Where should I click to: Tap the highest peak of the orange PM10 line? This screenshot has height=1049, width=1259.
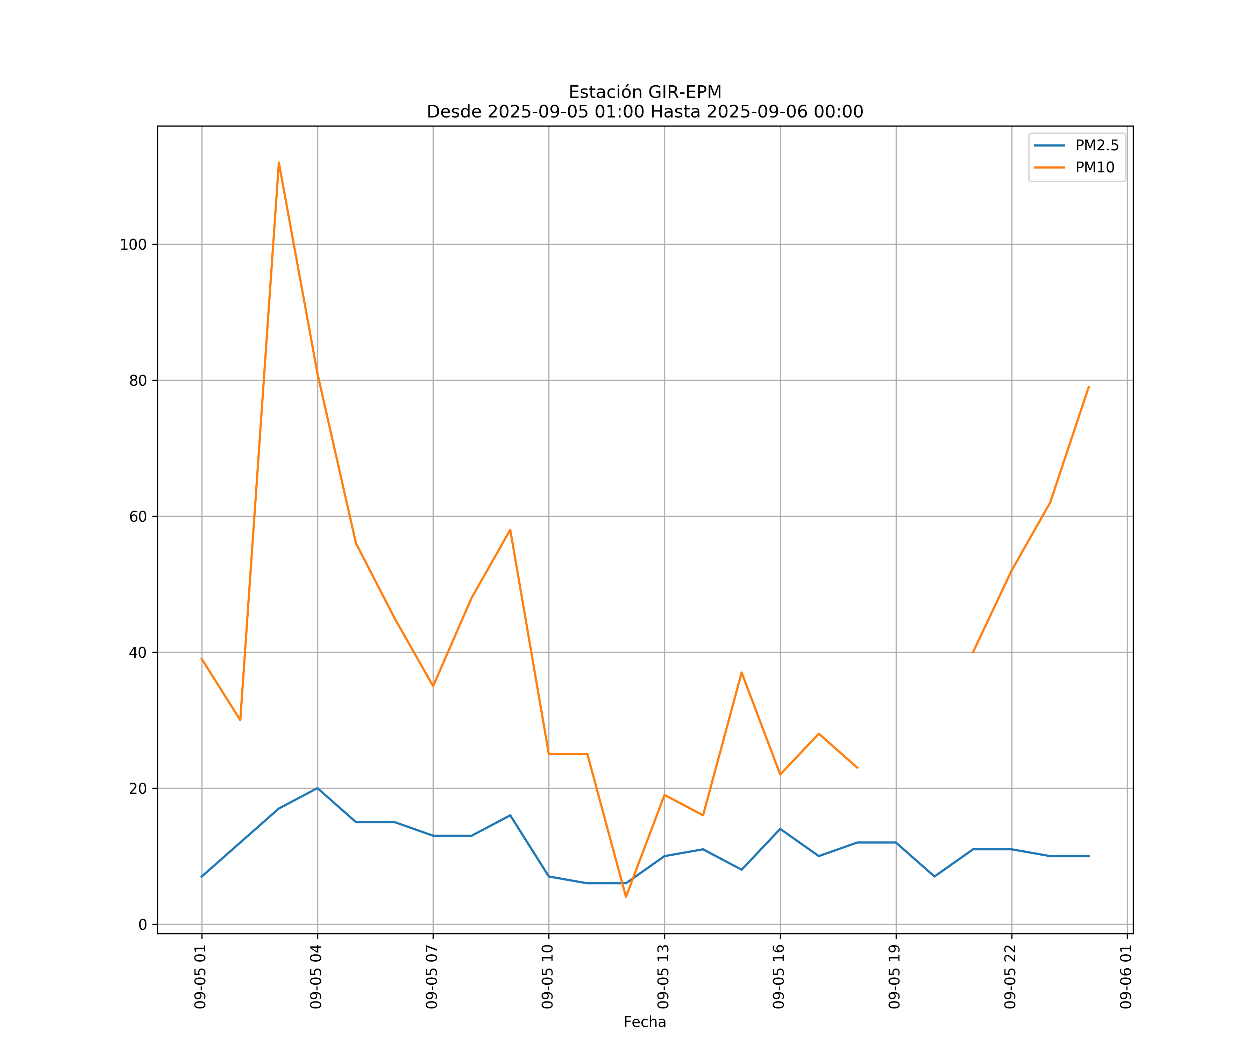coord(279,163)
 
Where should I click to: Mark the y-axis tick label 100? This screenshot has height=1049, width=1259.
coord(133,244)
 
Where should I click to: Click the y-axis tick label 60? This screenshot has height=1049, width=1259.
coord(138,516)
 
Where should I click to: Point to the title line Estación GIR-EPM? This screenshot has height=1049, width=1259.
coord(645,92)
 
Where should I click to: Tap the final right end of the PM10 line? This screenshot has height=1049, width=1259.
coord(1089,387)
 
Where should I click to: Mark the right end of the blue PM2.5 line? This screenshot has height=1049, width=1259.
coord(1089,856)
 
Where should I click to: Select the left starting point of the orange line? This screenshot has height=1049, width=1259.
coord(202,659)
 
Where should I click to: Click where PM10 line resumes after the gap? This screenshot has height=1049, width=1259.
coord(973,652)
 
